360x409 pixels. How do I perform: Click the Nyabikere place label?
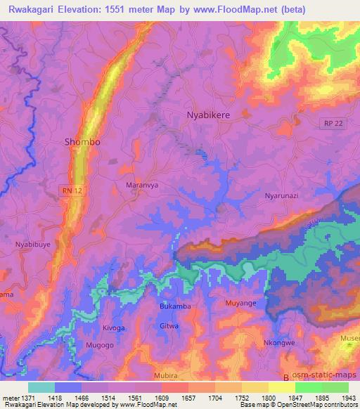pos(208,114)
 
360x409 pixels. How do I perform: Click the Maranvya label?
pos(139,186)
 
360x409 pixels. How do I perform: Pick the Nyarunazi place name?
pos(281,197)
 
